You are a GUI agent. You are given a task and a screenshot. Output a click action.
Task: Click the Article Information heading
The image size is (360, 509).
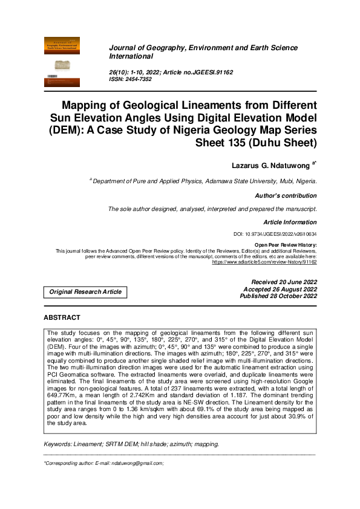[290, 222]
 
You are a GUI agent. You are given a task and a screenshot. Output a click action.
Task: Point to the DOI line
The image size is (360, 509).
[275, 234]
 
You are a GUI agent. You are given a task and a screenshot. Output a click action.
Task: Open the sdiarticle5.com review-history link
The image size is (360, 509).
[264, 262]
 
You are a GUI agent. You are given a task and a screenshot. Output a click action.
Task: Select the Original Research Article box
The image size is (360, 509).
[85, 292]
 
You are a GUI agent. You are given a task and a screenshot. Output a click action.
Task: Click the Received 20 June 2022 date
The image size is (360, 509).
[284, 282]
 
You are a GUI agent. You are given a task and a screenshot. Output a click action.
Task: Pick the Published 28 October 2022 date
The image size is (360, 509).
[278, 296]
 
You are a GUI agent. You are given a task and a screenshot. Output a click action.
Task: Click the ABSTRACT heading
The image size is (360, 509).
[62, 317]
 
